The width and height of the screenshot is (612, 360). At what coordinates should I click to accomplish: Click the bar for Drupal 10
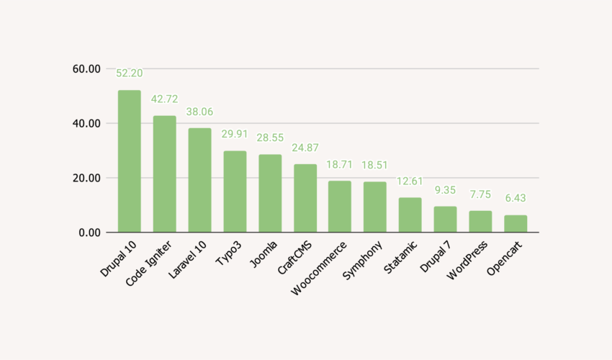pos(130,161)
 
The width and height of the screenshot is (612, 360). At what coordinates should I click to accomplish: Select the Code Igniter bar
pos(164,174)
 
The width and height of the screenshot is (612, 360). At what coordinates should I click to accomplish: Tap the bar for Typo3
pos(235,192)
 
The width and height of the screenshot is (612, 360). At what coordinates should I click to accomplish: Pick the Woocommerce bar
pos(340,207)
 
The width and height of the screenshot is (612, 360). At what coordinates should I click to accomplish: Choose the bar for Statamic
pos(410,215)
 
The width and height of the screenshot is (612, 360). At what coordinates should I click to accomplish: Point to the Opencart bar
pos(516,224)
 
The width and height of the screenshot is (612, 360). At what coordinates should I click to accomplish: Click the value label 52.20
pos(130,73)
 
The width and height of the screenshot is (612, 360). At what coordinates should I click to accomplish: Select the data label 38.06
pos(199,112)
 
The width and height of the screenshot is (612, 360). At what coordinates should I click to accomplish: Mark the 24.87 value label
pos(305,148)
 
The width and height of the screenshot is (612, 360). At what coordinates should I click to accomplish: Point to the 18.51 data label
pos(375,165)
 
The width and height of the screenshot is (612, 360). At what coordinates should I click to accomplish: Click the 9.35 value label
pos(445,190)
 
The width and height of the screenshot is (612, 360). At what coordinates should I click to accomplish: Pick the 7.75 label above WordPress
pos(480,194)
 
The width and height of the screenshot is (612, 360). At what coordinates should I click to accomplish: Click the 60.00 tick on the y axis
pos(86,69)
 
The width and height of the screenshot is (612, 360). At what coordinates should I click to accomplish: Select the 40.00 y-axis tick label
pos(86,124)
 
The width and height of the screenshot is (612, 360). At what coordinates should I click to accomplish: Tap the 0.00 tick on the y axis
pos(89,233)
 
